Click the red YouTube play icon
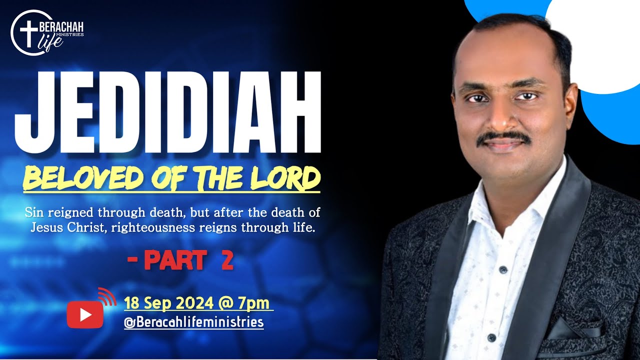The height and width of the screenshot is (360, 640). click(x=85, y=314)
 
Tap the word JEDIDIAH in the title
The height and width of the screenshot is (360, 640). click(x=167, y=113)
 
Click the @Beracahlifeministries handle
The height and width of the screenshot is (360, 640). click(x=194, y=321)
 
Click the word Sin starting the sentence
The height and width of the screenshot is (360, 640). click(x=33, y=212)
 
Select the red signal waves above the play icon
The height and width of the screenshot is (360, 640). click(x=106, y=296)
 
